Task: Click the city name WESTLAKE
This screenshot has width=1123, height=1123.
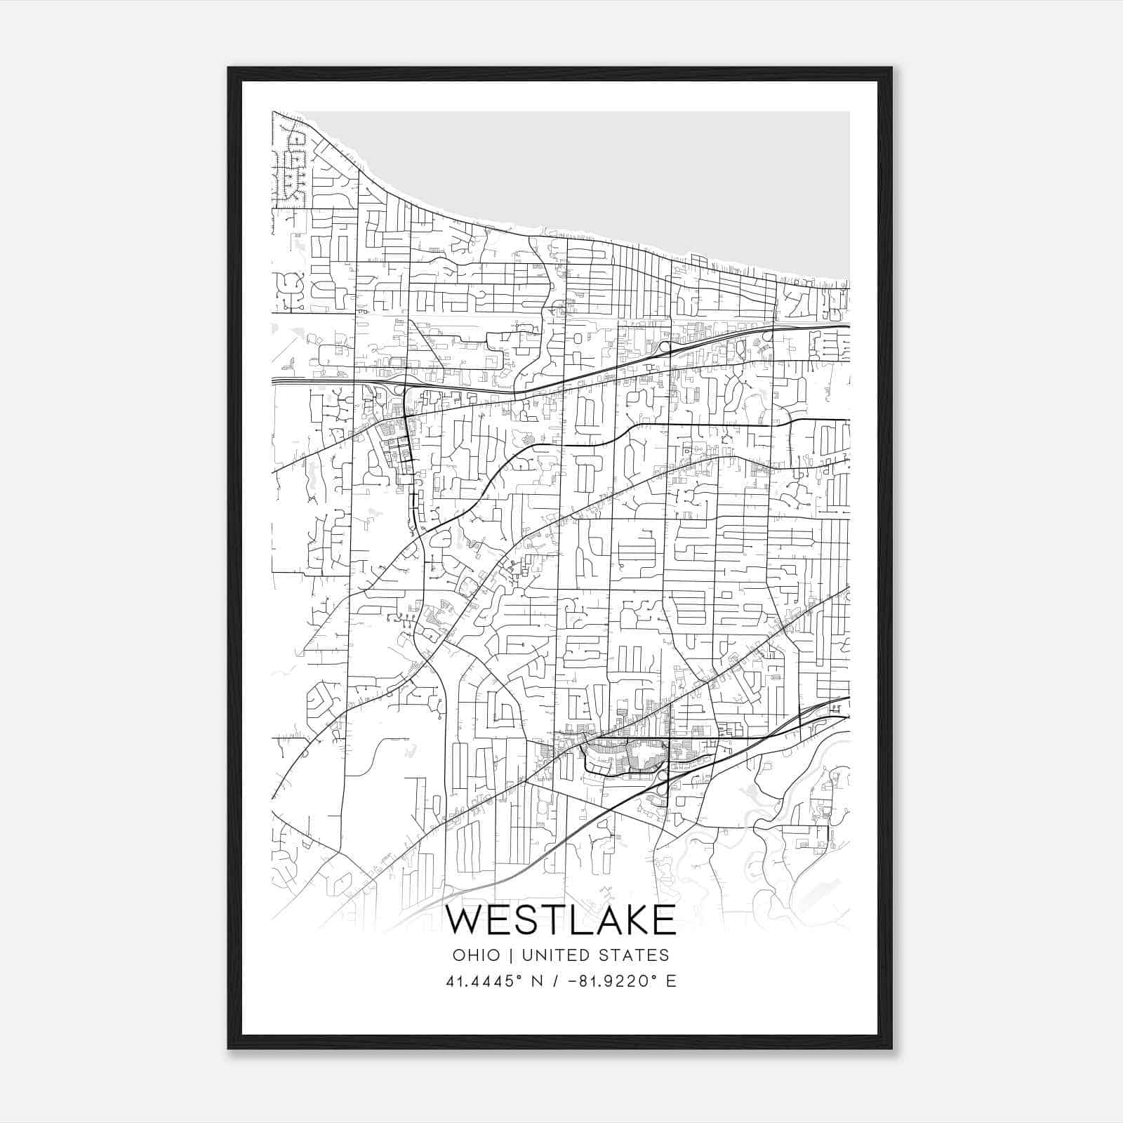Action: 561,921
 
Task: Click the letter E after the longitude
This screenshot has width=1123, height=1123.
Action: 672,981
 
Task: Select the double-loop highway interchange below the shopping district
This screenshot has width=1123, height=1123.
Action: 661,783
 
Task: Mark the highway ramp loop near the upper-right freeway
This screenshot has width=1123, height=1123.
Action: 663,346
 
